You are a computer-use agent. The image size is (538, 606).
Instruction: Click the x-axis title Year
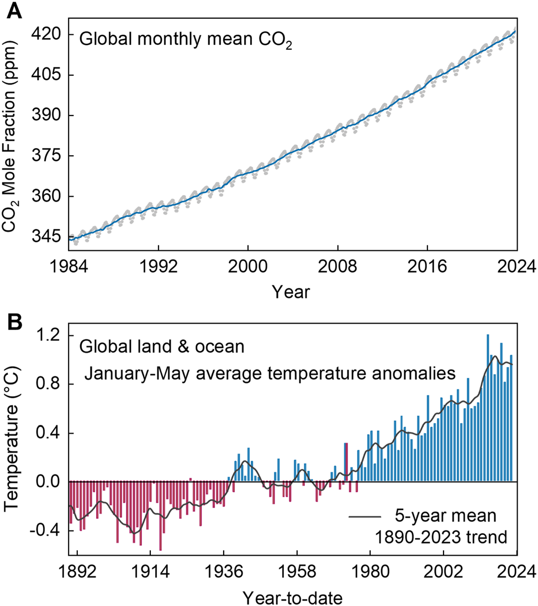291,291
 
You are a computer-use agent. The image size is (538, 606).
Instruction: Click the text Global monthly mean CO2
185,40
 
